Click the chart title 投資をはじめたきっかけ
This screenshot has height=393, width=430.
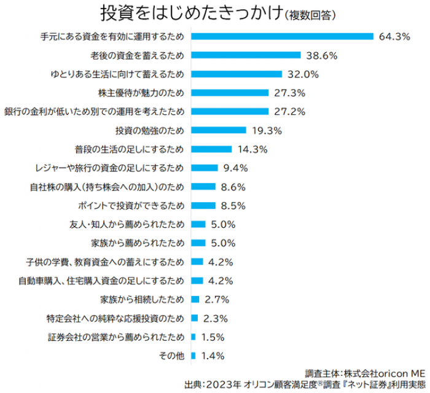(x=191, y=13)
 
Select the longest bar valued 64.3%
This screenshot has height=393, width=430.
(x=282, y=36)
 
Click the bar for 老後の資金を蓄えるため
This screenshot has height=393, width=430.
(x=246, y=55)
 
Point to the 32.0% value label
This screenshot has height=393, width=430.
(x=303, y=74)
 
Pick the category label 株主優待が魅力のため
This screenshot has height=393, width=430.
(x=141, y=93)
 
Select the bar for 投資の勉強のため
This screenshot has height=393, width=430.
(x=218, y=130)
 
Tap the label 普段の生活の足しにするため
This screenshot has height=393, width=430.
(x=129, y=149)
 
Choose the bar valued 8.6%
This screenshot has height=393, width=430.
(x=203, y=187)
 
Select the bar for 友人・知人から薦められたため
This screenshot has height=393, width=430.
(x=198, y=224)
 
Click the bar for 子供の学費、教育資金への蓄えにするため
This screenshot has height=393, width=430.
(x=197, y=262)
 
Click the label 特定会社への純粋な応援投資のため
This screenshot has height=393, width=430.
(x=115, y=318)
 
